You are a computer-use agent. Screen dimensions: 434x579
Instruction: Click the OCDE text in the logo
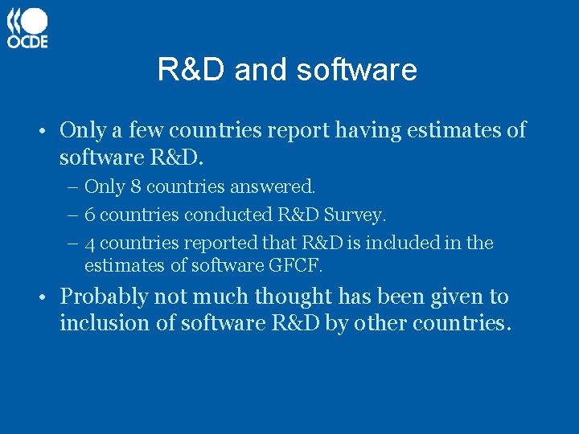[x=27, y=41]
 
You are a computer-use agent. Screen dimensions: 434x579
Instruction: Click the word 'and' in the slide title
[x=261, y=70]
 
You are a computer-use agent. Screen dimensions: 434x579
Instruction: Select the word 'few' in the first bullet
[x=147, y=130]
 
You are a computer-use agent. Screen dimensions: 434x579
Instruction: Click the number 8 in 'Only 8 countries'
[x=135, y=186]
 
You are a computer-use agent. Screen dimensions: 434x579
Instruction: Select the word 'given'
[x=457, y=297]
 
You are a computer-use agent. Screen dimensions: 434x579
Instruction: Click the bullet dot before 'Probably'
[x=49, y=298]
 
